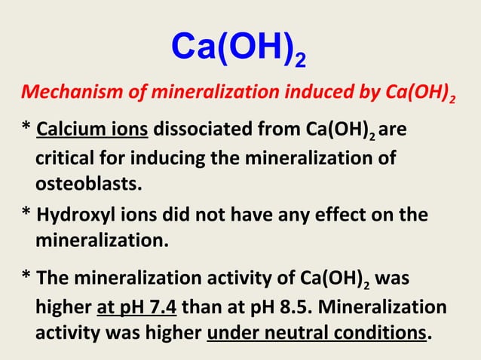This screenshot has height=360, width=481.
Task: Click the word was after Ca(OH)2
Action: [x=391, y=281]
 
